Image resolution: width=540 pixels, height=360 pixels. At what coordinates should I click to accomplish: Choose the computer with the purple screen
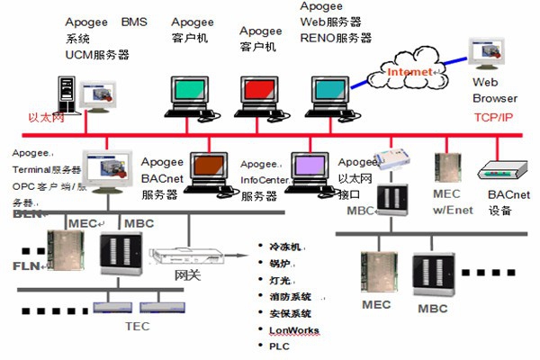pos(309,169)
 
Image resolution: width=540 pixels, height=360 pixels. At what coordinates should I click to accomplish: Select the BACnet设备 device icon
pos(498,171)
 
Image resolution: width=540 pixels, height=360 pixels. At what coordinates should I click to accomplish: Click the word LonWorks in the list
pos(293,330)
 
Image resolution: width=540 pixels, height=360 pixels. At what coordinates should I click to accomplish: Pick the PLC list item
pos(280,346)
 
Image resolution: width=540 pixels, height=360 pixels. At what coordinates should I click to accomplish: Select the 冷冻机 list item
pos(287,246)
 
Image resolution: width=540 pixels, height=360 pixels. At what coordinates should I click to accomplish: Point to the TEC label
pos(137,327)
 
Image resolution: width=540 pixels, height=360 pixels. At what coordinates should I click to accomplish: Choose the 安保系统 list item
pos(290,313)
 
